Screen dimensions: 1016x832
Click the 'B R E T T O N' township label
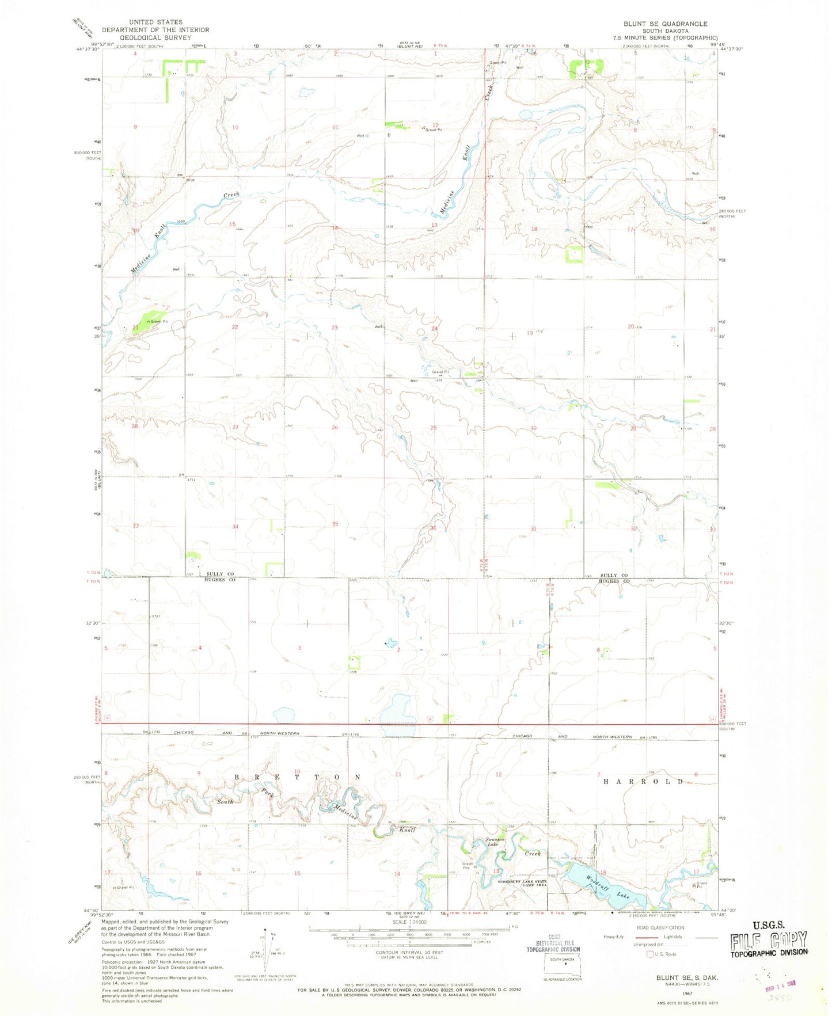point(298,777)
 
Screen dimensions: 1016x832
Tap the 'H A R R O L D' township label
point(643,781)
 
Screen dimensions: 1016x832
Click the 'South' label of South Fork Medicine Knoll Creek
point(225,801)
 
